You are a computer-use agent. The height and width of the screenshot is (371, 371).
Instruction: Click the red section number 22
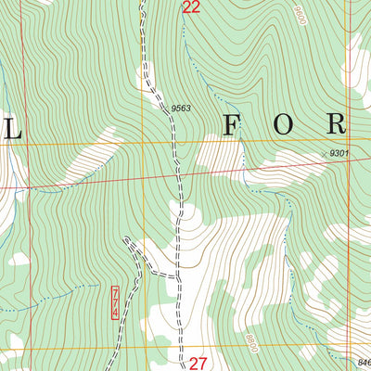point(191,8)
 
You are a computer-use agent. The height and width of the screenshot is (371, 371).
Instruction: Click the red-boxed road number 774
point(115,303)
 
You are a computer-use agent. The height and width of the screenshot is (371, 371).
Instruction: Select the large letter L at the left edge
point(13,124)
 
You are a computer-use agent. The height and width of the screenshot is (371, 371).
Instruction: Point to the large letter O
point(282,124)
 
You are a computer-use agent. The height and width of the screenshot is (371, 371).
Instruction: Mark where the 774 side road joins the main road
point(177,276)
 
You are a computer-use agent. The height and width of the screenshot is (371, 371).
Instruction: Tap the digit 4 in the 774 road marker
point(115,313)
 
